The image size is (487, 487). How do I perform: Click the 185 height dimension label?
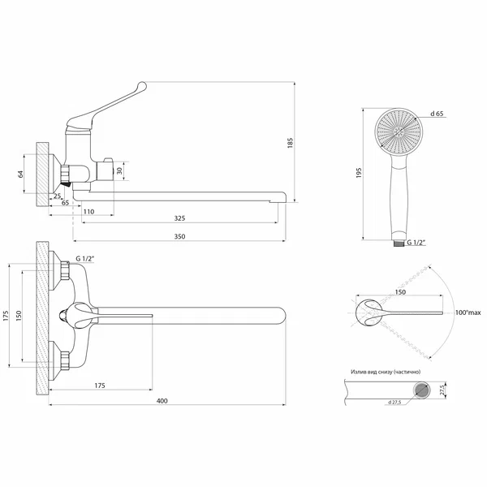point(290,143)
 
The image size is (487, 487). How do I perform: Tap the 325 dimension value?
point(179,218)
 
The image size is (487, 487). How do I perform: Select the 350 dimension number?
point(179,236)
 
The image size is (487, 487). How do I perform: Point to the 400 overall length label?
point(162,401)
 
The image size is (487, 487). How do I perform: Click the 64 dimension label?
point(20,174)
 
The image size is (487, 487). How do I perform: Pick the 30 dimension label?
point(119,170)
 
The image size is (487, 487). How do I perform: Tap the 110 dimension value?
point(88,212)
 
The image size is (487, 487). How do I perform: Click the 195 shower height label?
point(359,173)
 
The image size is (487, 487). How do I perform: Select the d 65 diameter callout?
point(437,114)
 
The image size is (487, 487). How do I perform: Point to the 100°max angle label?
point(468,312)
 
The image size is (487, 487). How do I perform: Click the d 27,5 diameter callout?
point(394,403)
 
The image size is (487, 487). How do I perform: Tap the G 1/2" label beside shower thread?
point(416,242)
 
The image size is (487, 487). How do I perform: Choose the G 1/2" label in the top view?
point(84,258)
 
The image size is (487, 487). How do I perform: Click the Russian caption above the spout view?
point(386,372)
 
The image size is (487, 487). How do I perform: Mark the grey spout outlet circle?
point(421,390)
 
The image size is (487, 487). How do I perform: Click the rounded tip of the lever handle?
point(142,86)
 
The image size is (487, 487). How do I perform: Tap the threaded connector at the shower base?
point(399,243)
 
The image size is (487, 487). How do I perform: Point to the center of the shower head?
point(399,132)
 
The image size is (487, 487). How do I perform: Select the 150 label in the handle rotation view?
point(400,292)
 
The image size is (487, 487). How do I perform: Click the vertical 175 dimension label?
point(6,315)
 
